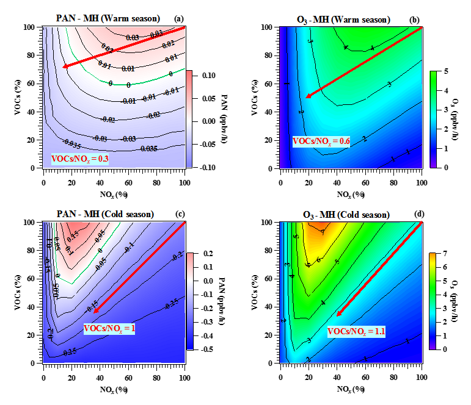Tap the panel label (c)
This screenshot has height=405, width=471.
coord(178,215)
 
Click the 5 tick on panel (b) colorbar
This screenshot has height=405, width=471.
coord(444,71)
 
